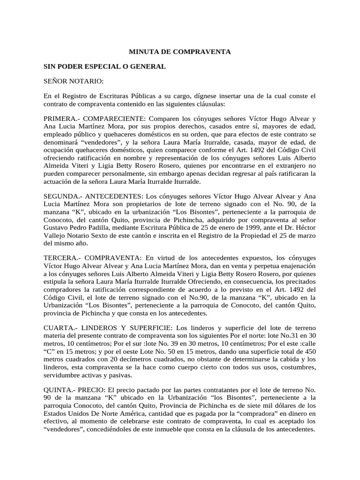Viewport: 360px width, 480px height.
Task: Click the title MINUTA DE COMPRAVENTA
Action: pos(180,52)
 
